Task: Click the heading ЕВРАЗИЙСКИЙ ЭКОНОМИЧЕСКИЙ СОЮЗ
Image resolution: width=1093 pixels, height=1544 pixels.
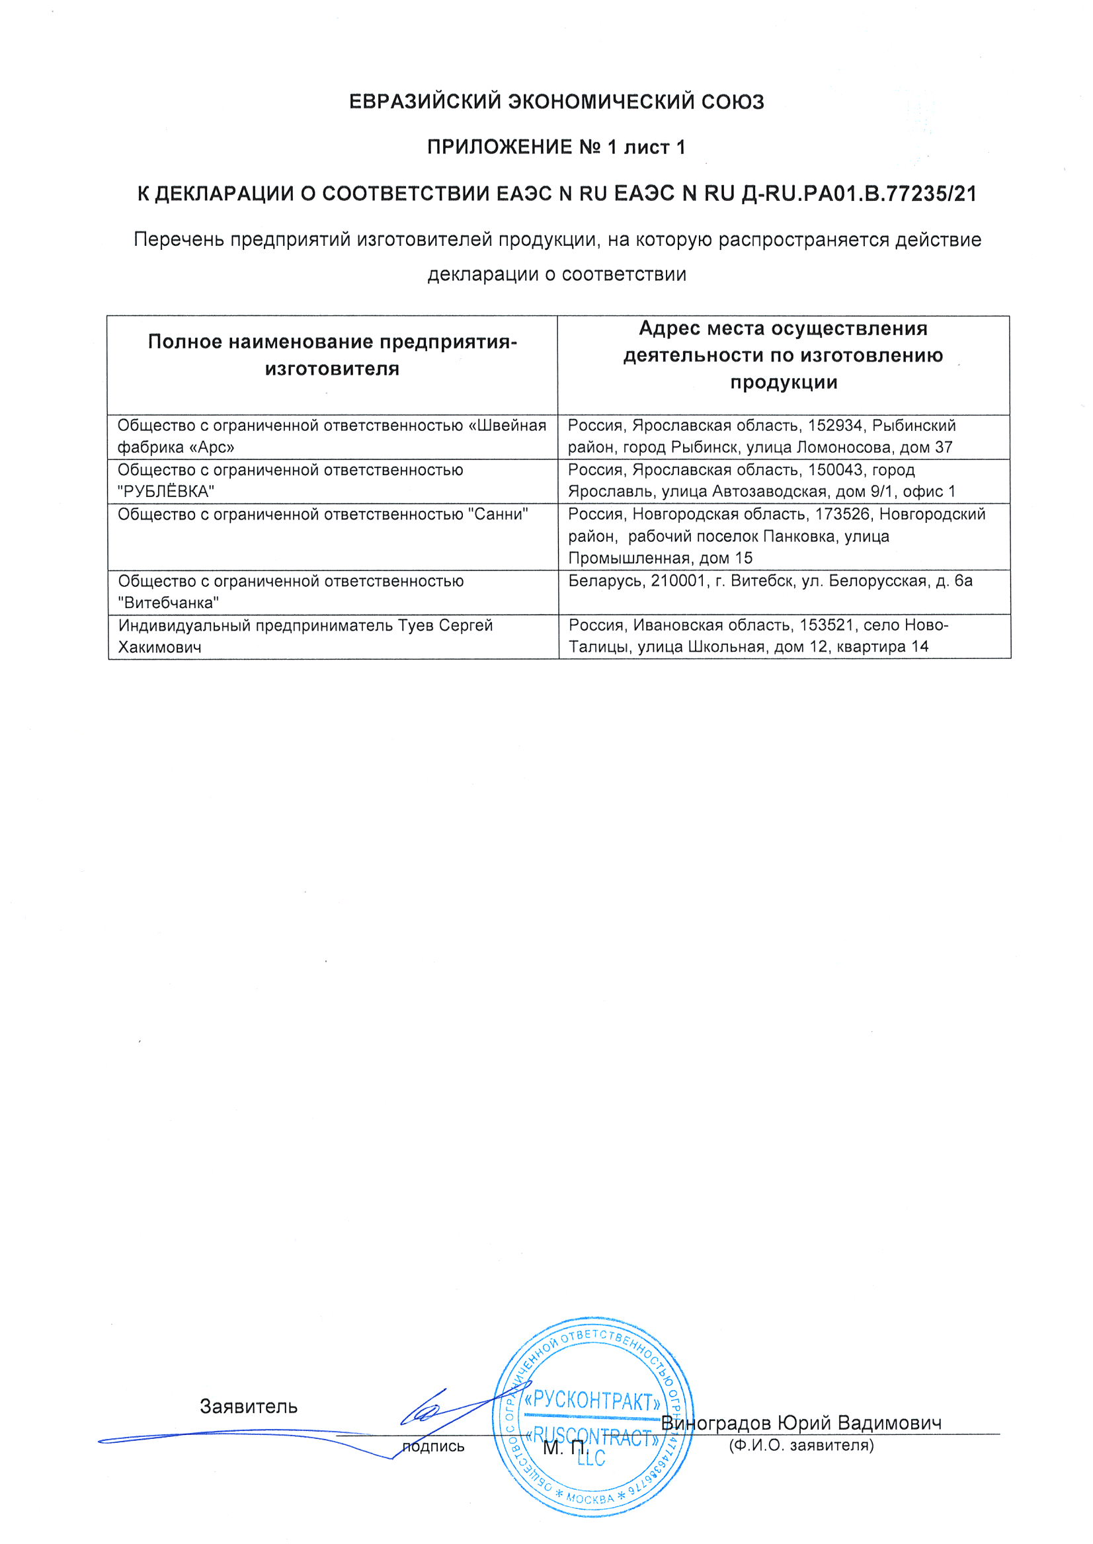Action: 556,102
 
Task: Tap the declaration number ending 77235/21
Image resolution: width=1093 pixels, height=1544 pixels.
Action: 859,194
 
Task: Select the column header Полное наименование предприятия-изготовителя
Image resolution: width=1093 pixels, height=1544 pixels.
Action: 332,355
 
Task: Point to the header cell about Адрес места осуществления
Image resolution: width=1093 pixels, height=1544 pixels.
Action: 783,355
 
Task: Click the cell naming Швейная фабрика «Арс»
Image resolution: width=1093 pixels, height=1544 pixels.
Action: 332,436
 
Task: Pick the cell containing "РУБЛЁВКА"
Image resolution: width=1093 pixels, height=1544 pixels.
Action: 332,481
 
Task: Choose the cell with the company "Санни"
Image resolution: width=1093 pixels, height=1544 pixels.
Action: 332,535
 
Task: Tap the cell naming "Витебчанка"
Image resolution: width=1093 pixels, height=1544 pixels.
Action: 332,592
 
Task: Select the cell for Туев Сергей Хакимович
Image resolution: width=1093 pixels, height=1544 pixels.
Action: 332,636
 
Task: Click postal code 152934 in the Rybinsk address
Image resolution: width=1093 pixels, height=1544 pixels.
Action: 834,426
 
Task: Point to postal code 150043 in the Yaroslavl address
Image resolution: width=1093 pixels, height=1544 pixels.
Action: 834,470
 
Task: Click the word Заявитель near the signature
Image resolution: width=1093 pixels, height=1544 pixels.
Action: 249,1406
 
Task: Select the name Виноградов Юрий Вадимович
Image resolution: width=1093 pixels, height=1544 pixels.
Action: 801,1423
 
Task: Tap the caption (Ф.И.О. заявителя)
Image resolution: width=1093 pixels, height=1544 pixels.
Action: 801,1445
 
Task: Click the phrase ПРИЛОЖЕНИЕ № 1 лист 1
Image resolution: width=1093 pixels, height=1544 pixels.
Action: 556,147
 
